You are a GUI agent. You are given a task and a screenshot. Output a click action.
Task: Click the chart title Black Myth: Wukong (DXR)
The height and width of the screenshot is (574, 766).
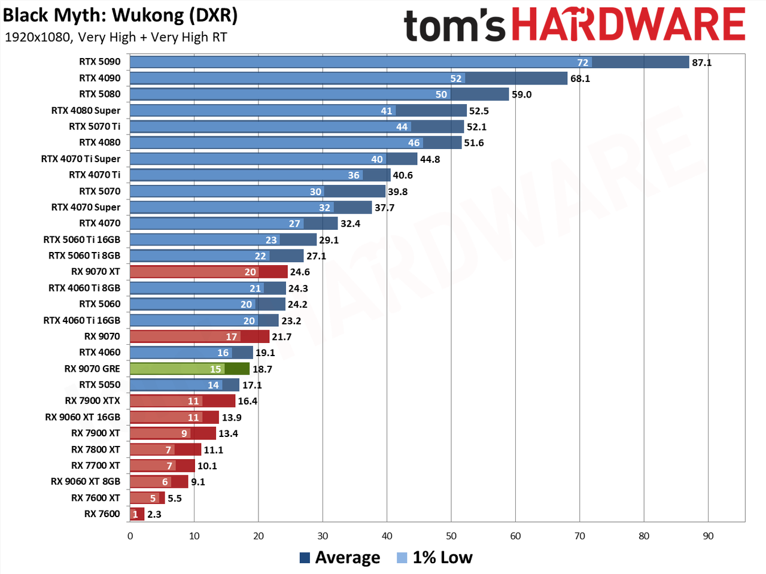(120, 16)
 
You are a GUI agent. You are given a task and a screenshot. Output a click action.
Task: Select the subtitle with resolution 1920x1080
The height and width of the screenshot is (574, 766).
(116, 37)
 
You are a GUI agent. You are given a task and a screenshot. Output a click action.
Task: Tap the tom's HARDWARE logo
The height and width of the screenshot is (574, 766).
(574, 25)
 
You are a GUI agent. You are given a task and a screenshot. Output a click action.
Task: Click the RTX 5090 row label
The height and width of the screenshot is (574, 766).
(99, 62)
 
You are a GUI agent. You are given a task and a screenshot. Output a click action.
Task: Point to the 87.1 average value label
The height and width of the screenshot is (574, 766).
(701, 62)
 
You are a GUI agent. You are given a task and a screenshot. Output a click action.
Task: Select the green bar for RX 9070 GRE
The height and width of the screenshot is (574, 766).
(190, 369)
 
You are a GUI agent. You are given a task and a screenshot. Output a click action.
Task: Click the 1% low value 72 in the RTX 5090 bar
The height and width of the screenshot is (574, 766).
(583, 62)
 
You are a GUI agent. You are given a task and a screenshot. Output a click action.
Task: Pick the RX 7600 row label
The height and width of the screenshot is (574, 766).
(102, 514)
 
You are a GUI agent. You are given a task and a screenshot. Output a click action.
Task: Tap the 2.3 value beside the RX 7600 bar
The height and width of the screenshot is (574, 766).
(154, 514)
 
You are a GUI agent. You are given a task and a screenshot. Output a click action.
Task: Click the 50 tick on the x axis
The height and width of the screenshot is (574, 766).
(451, 536)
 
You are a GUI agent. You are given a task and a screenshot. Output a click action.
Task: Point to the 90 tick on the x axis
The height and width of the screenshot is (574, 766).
(708, 536)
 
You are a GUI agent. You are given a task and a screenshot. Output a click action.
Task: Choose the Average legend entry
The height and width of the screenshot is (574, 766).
(340, 558)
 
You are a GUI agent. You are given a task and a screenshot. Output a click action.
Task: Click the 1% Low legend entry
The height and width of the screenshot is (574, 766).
(435, 558)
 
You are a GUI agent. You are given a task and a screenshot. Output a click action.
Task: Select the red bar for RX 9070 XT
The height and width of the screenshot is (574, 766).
(209, 272)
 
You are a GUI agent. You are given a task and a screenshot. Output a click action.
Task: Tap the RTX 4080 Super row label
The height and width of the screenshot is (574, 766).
(86, 110)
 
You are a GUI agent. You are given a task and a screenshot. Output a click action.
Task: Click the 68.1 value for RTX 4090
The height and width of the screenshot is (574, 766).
(580, 78)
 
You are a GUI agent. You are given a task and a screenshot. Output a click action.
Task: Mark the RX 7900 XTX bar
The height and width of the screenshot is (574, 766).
(183, 401)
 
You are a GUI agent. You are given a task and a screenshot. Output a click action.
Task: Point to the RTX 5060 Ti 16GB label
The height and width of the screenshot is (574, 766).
(81, 239)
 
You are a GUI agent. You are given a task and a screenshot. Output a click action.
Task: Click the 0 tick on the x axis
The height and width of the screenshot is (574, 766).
(130, 536)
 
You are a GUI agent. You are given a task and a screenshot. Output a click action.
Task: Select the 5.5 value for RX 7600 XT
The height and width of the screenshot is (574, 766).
(175, 498)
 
